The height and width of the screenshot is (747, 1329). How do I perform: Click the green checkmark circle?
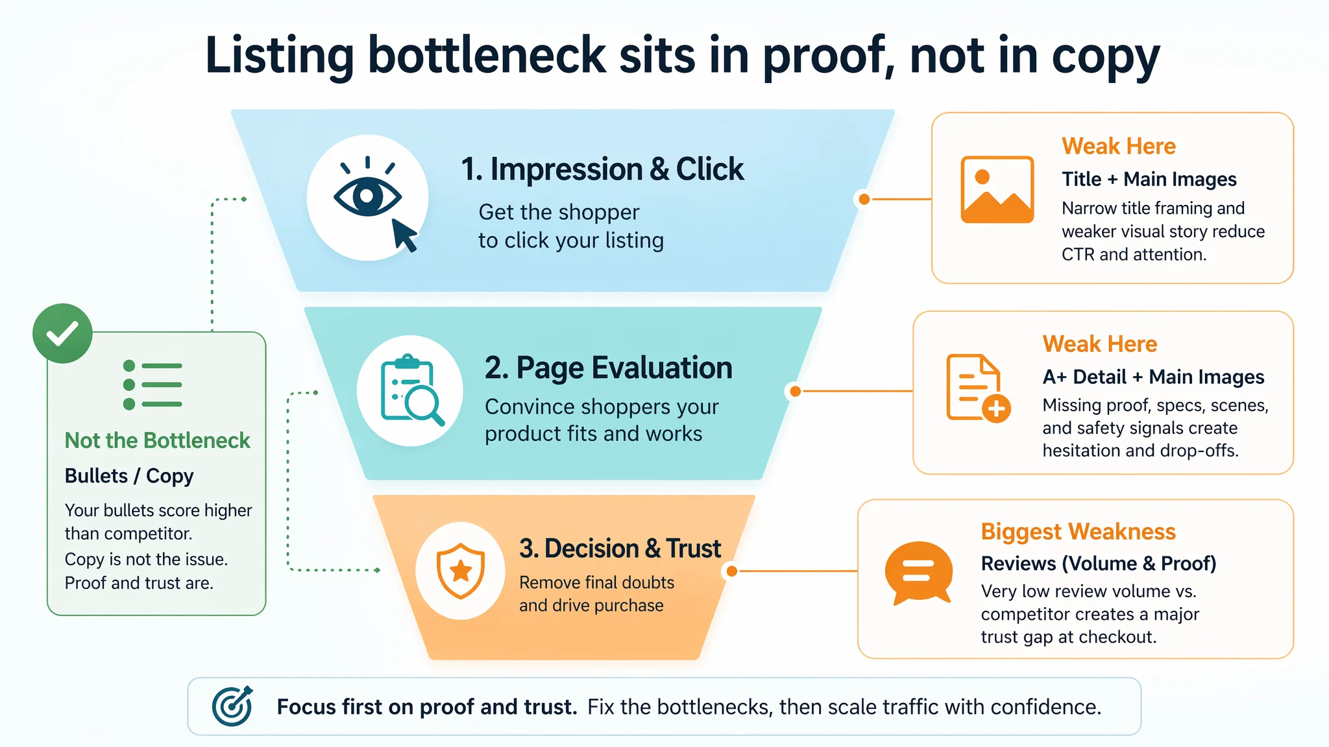[x=62, y=333]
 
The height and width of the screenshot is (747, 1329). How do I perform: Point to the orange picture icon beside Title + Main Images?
[x=997, y=189]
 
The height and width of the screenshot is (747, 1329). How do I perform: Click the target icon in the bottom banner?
[x=232, y=706]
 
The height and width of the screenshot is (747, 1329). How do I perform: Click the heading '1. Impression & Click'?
[x=602, y=169]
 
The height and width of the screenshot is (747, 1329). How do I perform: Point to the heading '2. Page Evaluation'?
[x=608, y=368]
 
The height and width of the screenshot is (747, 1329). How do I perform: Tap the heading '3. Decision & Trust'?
[x=620, y=549]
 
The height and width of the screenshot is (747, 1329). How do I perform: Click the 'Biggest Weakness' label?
[x=1078, y=532]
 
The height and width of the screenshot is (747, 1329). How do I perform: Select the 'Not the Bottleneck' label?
[x=157, y=441]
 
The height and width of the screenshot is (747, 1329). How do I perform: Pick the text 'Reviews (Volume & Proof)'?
[x=1099, y=563]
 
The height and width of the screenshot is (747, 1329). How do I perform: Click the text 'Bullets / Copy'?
[x=129, y=476]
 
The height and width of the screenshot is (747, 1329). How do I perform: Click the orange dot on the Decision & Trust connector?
[x=732, y=571]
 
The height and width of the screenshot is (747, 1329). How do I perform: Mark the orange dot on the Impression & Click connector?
[x=864, y=199]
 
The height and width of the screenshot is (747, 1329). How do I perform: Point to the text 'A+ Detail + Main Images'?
[x=1153, y=377]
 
